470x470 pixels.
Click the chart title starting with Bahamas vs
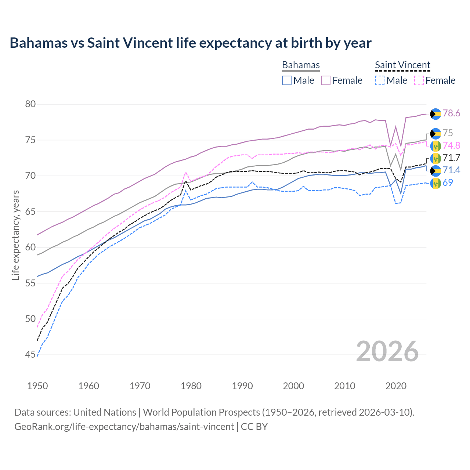191,43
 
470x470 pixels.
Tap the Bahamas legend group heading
301,65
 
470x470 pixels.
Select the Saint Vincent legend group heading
402,65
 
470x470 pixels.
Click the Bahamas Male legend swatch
287,80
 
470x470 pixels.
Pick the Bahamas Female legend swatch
326,80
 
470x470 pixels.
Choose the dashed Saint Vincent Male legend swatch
380,80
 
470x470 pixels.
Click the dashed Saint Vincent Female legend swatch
419,80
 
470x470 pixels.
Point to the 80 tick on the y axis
30,104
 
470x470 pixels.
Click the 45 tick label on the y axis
30,355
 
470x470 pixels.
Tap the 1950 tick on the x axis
37,386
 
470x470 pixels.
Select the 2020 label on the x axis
396,386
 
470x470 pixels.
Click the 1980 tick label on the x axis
191,386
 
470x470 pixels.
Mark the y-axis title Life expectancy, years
15,235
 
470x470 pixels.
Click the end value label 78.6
451,113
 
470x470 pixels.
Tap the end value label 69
448,182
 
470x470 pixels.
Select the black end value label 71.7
451,158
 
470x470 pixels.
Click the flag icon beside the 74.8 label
435,146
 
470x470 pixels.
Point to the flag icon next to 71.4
435,170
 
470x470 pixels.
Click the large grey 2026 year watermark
387,351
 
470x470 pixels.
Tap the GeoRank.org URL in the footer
124,427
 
